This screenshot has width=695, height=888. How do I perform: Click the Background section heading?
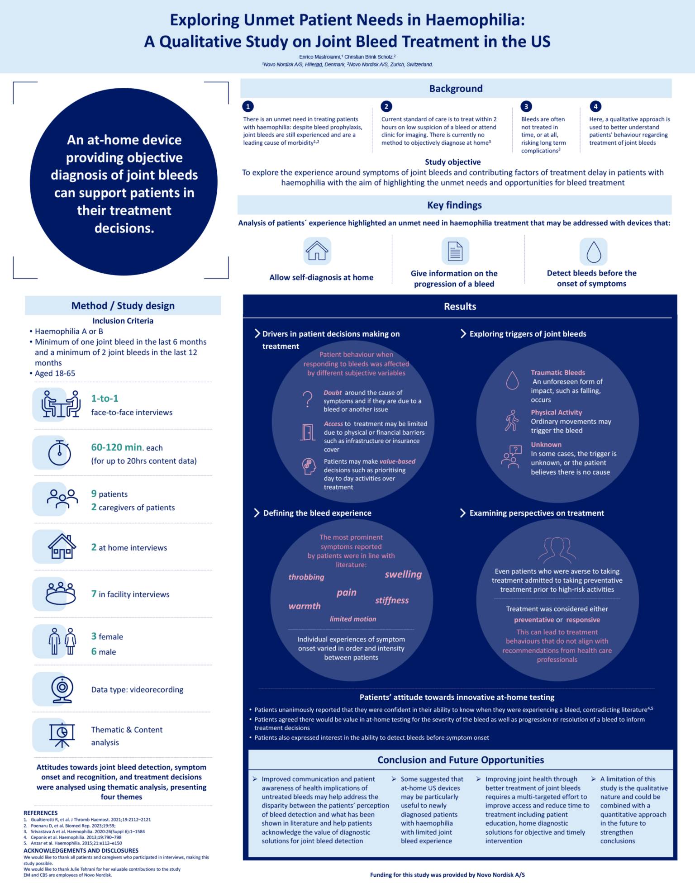pos(456,89)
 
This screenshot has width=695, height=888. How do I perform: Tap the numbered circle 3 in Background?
pos(526,106)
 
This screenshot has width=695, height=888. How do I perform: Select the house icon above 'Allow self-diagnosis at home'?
pos(317,251)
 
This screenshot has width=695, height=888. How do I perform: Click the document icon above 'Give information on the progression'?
pos(455,251)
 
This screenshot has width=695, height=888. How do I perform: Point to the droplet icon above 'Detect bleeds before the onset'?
pos(593,252)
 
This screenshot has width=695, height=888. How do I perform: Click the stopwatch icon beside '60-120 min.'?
pos(59,452)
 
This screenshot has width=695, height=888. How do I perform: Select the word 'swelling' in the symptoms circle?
pos(403,575)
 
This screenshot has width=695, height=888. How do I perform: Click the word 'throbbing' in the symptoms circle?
pos(306,577)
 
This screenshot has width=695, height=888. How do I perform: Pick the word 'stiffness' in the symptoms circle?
pos(392,600)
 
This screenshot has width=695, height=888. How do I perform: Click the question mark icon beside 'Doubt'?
pos(308,399)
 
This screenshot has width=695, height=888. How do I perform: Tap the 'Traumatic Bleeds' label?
pos(558,373)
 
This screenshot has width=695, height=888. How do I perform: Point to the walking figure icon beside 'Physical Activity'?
pos(512,421)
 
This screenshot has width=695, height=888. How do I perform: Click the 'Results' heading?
pos(460,306)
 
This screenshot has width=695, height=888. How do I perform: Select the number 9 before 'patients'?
pos(94,494)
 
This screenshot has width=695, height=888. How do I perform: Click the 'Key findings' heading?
pos(454,205)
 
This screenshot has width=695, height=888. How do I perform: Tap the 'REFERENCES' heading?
pos(41,813)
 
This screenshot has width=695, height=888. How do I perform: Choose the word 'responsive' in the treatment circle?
pos(583,620)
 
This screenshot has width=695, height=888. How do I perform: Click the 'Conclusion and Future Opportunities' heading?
pos(461,760)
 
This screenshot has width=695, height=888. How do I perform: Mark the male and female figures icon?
pos(62,641)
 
